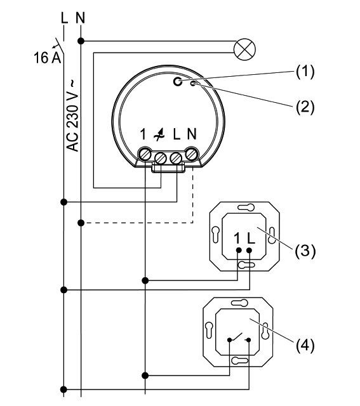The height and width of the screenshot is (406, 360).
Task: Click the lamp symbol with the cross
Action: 244,49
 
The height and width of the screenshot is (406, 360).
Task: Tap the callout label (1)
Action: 305,71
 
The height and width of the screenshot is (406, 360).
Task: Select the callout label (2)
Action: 305,107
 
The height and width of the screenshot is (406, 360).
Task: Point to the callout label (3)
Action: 305,251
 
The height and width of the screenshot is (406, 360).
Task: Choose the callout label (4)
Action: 305,345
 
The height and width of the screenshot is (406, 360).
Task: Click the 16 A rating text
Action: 47,58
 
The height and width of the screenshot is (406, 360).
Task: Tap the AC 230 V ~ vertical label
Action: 72,116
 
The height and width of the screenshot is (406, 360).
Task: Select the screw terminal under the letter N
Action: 192,154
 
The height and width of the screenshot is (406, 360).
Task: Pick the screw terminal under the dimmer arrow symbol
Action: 161,158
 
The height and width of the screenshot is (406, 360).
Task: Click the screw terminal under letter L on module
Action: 176,158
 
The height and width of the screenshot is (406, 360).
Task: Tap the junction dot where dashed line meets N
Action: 81,223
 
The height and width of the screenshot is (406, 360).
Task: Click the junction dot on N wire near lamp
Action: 81,41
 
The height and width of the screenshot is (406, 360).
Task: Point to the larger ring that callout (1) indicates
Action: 178,82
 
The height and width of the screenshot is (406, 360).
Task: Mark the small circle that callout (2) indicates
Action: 193,83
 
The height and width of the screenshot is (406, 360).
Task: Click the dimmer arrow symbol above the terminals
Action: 159,134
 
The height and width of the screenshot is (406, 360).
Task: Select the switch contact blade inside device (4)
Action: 236,337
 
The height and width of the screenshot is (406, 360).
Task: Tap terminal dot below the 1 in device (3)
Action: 239,251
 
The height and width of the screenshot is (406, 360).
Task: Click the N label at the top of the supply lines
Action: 81,18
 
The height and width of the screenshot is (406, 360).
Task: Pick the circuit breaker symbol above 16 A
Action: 59,46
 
